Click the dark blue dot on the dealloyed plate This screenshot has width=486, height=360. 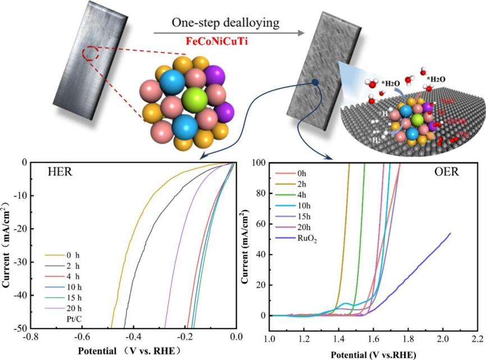tap(315, 83)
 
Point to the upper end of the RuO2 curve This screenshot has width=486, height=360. tap(450, 233)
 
